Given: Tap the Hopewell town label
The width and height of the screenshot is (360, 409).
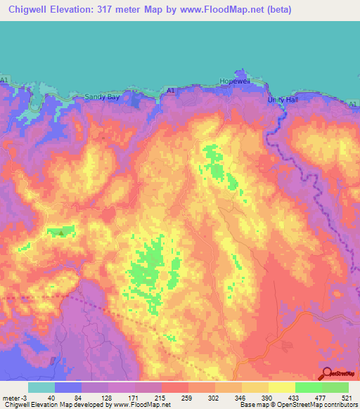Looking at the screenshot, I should [x=235, y=82].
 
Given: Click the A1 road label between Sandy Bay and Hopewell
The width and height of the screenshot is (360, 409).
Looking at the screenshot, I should [x=171, y=91].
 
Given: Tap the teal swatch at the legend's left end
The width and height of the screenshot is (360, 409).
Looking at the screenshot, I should [x=41, y=387].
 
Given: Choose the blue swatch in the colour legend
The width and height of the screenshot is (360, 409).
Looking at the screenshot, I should [x=67, y=387].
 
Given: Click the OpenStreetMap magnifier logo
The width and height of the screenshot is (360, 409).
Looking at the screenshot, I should [x=325, y=373].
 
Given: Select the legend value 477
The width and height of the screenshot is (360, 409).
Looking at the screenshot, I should [x=322, y=398].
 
